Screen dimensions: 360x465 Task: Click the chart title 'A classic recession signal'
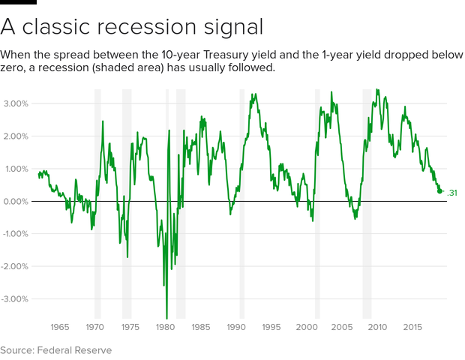(x=132, y=27)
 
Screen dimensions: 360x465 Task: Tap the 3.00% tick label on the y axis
(x=15, y=103)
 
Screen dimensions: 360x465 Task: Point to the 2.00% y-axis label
(x=15, y=136)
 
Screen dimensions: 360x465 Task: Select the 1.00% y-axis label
(x=15, y=169)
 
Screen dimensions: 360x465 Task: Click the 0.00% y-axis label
(x=15, y=201)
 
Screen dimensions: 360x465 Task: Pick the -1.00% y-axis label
(x=14, y=233)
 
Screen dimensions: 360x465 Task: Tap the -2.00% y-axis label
(x=14, y=266)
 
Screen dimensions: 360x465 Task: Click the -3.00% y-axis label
(x=14, y=298)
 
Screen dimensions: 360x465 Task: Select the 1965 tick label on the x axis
(x=60, y=327)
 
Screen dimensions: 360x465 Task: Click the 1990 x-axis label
(x=236, y=327)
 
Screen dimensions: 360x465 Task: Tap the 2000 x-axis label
(x=307, y=327)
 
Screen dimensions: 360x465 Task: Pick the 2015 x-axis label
(x=412, y=327)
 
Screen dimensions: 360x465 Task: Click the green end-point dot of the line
(x=440, y=191)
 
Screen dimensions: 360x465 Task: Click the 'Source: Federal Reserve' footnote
(x=56, y=350)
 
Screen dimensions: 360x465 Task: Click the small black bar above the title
(x=18, y=2)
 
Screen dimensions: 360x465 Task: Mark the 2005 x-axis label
(x=342, y=327)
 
